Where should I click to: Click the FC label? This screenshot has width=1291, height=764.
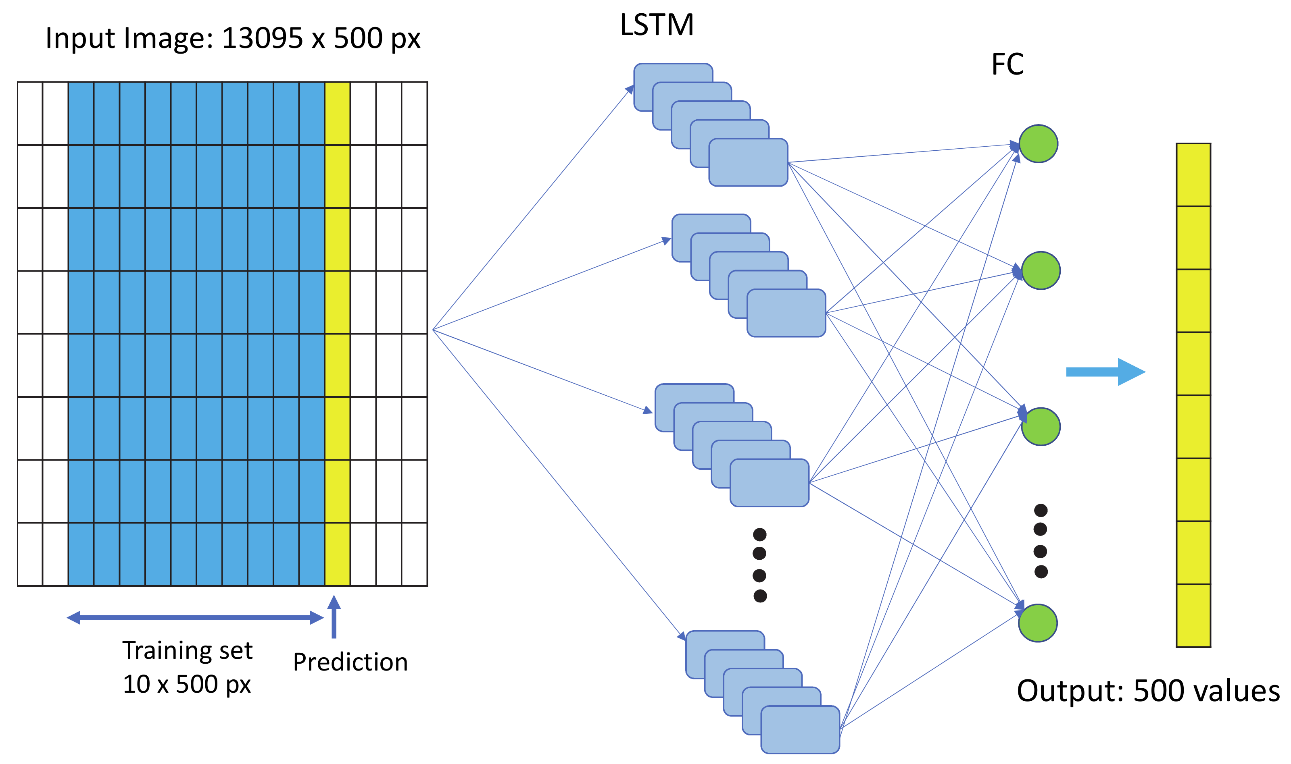pyautogui.click(x=1007, y=65)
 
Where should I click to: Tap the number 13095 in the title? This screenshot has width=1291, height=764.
pyautogui.click(x=262, y=38)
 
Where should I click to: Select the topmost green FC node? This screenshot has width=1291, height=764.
pyautogui.click(x=1038, y=143)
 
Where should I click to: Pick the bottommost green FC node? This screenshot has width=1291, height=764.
pyautogui.click(x=1038, y=623)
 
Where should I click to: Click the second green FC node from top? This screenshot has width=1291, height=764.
pyautogui.click(x=1041, y=270)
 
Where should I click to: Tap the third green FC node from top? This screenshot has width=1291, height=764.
pyautogui.click(x=1041, y=426)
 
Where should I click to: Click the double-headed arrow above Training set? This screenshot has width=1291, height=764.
pyautogui.click(x=195, y=617)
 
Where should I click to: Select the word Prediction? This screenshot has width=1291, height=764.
pyautogui.click(x=350, y=662)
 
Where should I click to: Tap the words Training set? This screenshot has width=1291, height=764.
pyautogui.click(x=188, y=651)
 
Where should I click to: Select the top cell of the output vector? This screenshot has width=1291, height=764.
pyautogui.click(x=1193, y=175)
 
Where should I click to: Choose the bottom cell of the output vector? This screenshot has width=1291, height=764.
pyautogui.click(x=1193, y=615)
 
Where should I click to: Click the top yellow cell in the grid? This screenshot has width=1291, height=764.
pyautogui.click(x=338, y=114)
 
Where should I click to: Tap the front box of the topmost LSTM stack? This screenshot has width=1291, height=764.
pyautogui.click(x=748, y=162)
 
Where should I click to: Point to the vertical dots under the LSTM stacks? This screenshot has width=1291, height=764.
pyautogui.click(x=759, y=565)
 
